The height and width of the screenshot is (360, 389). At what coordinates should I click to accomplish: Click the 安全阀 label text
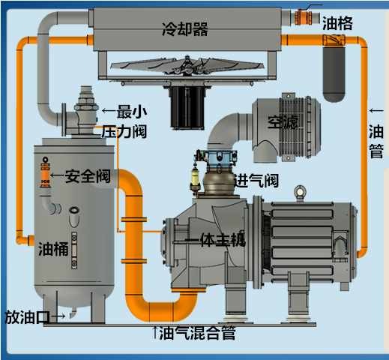point(88,177)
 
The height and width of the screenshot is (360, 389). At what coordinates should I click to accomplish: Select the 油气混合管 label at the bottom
point(198,334)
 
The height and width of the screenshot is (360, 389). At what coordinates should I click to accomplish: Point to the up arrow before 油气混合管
point(155,331)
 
